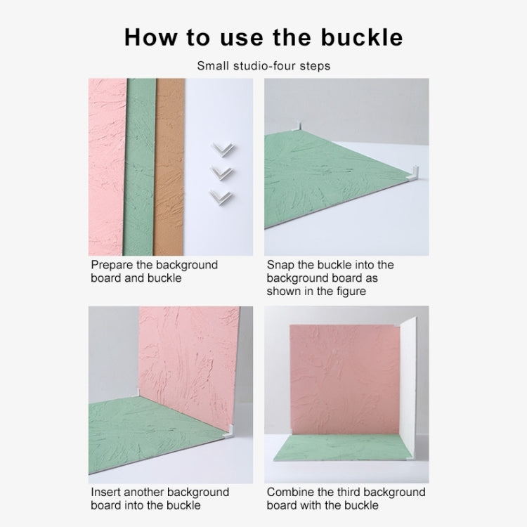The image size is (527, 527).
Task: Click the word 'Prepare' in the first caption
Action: coord(111,265)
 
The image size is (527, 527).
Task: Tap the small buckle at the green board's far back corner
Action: coord(296,126)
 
